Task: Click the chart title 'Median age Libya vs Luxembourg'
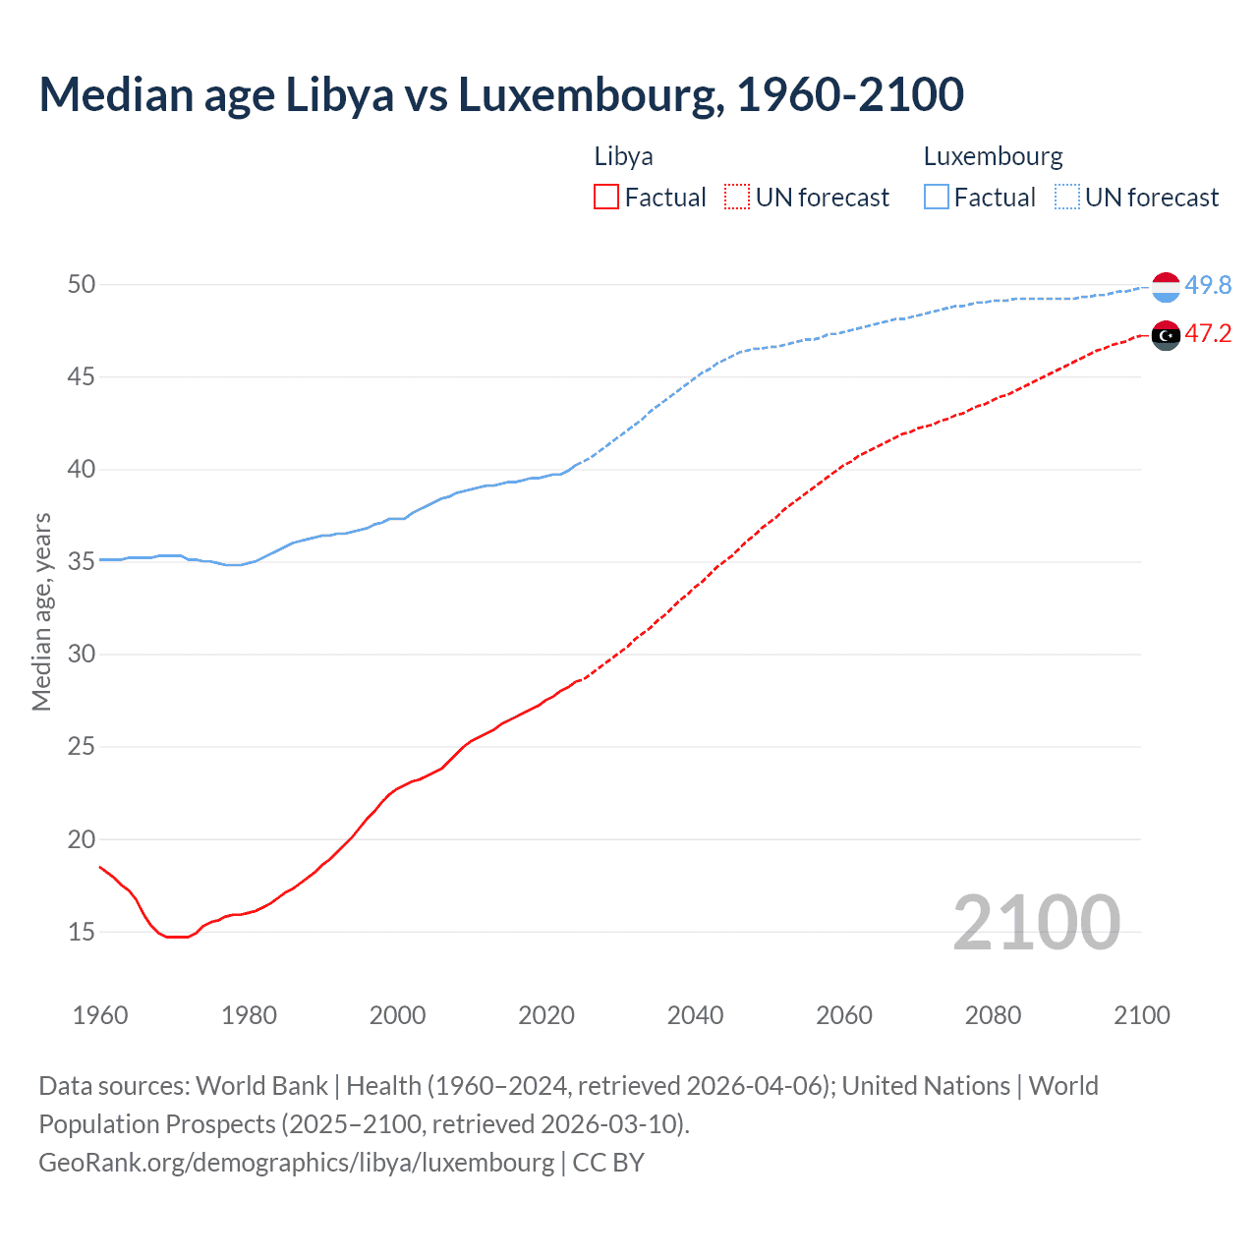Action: click(501, 94)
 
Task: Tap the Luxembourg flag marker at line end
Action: click(1166, 287)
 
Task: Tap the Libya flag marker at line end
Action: click(1166, 335)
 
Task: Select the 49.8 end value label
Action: click(1208, 285)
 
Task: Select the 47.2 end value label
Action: click(1208, 334)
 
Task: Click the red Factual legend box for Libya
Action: click(606, 198)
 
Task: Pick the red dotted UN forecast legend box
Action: click(737, 198)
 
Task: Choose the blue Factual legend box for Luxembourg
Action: click(937, 198)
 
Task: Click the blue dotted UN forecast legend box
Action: click(1067, 198)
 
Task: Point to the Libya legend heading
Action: click(623, 156)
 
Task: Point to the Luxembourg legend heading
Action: click(993, 156)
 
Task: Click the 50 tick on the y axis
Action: click(82, 285)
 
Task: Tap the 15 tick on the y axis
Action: click(82, 932)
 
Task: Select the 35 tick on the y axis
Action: click(82, 562)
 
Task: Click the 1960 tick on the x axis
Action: click(100, 1015)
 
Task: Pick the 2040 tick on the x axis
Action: click(695, 1015)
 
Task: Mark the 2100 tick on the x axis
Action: click(1141, 1015)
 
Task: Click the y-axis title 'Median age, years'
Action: click(41, 611)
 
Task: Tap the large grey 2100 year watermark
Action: click(1036, 922)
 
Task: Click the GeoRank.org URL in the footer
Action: click(296, 1162)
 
